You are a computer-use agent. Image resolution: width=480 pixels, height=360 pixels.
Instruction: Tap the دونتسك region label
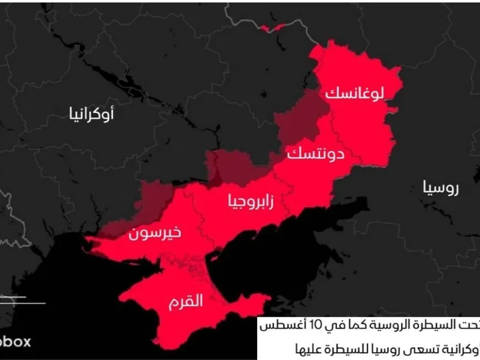[x=315, y=154]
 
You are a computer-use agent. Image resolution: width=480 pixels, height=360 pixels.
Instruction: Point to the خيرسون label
[x=154, y=232]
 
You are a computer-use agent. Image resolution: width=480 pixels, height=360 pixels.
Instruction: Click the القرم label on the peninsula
[x=186, y=302]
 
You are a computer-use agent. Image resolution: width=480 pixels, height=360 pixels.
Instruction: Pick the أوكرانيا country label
[x=92, y=114]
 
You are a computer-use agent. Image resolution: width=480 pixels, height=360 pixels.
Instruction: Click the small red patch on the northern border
[x=272, y=27]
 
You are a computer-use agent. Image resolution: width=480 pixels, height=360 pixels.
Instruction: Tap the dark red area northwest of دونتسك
[x=300, y=119]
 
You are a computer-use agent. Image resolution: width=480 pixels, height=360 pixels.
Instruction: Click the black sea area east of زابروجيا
[x=311, y=233]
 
